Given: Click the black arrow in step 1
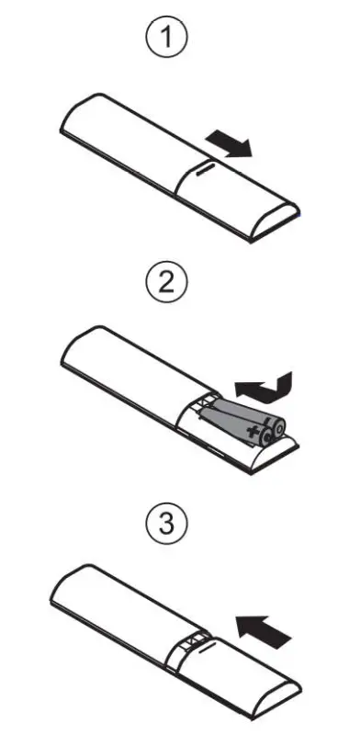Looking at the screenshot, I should pyautogui.click(x=229, y=142).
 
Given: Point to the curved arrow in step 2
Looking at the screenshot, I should pyautogui.click(x=264, y=387).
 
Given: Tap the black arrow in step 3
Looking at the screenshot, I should pyautogui.click(x=264, y=631).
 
